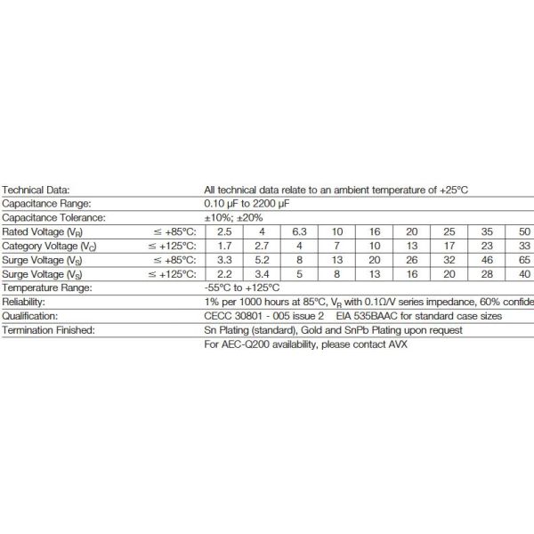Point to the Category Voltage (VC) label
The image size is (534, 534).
[44, 246]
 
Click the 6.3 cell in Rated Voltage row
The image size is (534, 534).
[299, 231]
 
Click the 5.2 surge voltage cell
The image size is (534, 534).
[261, 260]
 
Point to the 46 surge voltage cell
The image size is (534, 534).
[486, 260]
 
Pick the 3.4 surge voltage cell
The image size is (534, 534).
[261, 273]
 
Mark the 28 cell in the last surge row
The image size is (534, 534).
[486, 273]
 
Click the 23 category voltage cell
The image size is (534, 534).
[486, 246]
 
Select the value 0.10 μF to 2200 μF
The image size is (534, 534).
[247, 204]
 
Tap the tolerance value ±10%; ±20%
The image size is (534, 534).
[233, 217]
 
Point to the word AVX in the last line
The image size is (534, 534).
[394, 344]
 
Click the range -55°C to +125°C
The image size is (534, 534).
[242, 287]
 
